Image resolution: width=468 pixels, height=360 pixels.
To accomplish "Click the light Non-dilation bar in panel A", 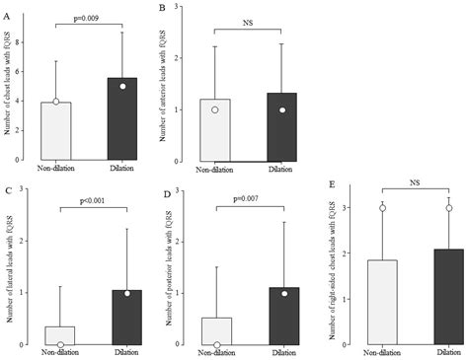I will tap(56, 131).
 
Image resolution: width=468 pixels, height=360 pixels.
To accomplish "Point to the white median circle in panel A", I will tap(56, 101).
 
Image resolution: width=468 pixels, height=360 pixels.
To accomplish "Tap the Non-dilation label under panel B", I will tap(216, 172).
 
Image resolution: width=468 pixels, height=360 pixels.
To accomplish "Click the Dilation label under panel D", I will tap(281, 353).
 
